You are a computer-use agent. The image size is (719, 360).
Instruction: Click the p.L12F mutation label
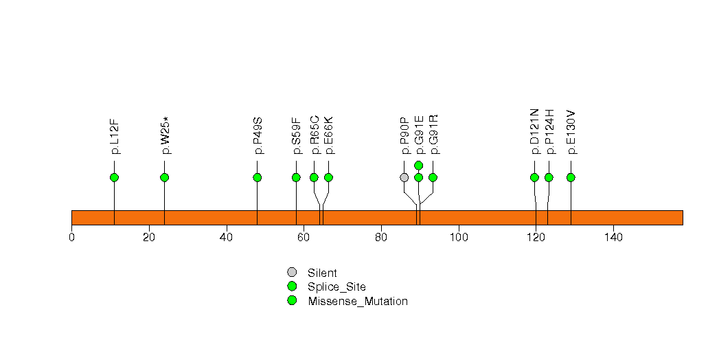pyautogui.click(x=115, y=137)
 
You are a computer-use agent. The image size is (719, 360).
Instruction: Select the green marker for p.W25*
pyautogui.click(x=165, y=177)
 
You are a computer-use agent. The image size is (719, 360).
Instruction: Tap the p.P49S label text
pyautogui.click(x=258, y=136)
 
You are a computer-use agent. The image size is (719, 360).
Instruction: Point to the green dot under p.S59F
pyautogui.click(x=296, y=177)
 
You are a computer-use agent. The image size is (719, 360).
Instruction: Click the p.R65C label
pyautogui.click(x=315, y=135)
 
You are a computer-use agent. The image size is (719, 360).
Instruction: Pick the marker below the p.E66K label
pyautogui.click(x=328, y=177)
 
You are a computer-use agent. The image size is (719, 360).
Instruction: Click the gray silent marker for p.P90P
pyautogui.click(x=404, y=177)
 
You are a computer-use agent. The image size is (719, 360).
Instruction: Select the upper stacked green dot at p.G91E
pyautogui.click(x=418, y=165)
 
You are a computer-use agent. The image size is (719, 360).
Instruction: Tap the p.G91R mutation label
pyautogui.click(x=433, y=135)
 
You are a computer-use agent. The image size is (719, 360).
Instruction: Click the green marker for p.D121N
pyautogui.click(x=534, y=177)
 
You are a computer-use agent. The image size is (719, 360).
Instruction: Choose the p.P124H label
pyautogui.click(x=549, y=132)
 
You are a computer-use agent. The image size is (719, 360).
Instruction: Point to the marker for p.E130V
pyautogui.click(x=571, y=177)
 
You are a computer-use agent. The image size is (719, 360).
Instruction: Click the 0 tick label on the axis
pyautogui.click(x=71, y=237)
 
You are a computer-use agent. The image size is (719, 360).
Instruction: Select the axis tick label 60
pyautogui.click(x=304, y=237)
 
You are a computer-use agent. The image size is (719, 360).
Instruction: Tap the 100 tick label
pyautogui.click(x=459, y=237)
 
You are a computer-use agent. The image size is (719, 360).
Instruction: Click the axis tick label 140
pyautogui.click(x=613, y=237)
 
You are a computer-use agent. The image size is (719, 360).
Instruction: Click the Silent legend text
pyautogui.click(x=322, y=273)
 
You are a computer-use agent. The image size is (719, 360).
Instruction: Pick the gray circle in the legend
pyautogui.click(x=292, y=273)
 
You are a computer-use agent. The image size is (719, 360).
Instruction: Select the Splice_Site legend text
pyautogui.click(x=337, y=288)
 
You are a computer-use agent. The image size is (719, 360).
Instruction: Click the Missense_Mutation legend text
pyautogui.click(x=358, y=302)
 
